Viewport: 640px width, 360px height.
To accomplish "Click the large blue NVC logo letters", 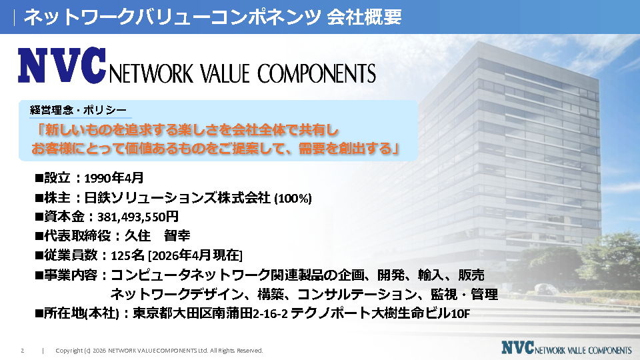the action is (x=62, y=65).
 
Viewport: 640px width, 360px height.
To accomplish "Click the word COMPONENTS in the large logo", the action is (x=316, y=74).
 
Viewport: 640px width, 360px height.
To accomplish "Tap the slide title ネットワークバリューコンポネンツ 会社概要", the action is (x=212, y=17).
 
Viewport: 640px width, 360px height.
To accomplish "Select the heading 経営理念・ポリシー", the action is (x=78, y=110).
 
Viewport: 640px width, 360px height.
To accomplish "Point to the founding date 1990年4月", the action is (x=114, y=178).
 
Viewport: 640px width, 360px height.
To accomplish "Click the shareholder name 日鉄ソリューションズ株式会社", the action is (x=177, y=198).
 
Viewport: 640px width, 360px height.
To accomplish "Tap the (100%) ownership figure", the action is (x=293, y=199).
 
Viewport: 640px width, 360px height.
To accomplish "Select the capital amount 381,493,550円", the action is (x=138, y=217).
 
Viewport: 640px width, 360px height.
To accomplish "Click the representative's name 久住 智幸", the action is (x=157, y=235).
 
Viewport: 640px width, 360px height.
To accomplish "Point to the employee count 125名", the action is (x=128, y=255).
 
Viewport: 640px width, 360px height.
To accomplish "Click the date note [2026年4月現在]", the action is (x=195, y=255).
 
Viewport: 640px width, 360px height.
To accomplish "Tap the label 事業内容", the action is (x=71, y=275).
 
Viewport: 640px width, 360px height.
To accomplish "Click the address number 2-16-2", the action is (x=270, y=313).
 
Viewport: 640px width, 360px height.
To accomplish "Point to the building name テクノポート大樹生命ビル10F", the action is (x=381, y=313).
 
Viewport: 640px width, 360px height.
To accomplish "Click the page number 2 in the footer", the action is (x=23, y=351).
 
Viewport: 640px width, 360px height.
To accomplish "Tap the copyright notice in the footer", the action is (x=159, y=351).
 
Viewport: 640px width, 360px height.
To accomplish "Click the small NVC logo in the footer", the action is (x=567, y=348).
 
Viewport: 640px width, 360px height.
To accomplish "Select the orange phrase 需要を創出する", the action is (x=345, y=149).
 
